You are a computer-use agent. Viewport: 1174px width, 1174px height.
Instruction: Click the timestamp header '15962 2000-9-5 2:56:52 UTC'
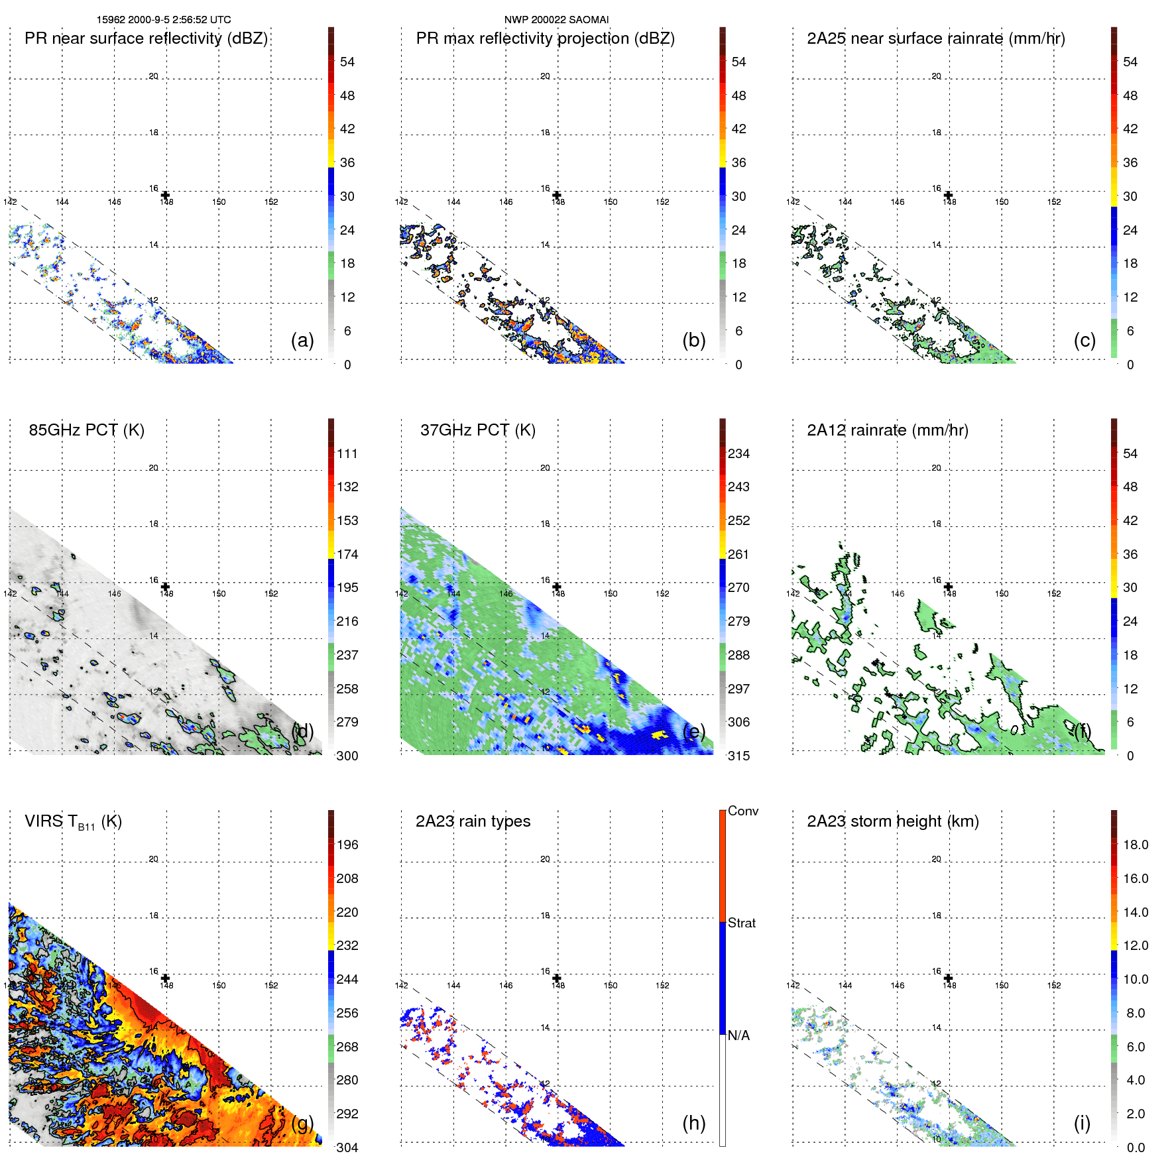pyautogui.click(x=164, y=20)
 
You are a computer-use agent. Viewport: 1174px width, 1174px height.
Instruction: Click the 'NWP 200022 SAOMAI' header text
pyautogui.click(x=556, y=20)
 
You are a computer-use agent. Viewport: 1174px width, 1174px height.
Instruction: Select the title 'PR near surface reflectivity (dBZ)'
pyautogui.click(x=146, y=38)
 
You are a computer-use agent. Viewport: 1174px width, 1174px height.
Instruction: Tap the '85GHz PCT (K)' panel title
pyautogui.click(x=86, y=430)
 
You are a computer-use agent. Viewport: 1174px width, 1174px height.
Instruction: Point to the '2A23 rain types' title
pyautogui.click(x=473, y=821)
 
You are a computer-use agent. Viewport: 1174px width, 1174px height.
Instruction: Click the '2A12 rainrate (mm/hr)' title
pyautogui.click(x=888, y=430)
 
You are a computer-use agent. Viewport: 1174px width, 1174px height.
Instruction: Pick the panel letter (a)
pyautogui.click(x=302, y=340)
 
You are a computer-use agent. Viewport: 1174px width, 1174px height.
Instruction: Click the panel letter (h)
pyautogui.click(x=693, y=1123)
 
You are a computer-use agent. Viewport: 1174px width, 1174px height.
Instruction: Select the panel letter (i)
pyautogui.click(x=1082, y=1123)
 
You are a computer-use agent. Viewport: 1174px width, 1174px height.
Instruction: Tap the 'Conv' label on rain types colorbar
pyautogui.click(x=743, y=811)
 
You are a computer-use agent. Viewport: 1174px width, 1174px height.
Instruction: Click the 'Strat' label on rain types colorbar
pyautogui.click(x=742, y=923)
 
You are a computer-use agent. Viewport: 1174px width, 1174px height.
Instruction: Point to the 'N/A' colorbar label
pyautogui.click(x=738, y=1035)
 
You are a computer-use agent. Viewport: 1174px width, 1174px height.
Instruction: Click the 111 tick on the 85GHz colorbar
pyautogui.click(x=347, y=453)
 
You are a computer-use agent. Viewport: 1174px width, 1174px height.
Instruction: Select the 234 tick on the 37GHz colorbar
pyautogui.click(x=738, y=453)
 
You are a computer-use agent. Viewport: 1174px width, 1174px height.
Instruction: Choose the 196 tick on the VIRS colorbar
pyautogui.click(x=347, y=845)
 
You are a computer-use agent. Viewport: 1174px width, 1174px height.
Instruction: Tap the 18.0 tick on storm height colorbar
pyautogui.click(x=1136, y=845)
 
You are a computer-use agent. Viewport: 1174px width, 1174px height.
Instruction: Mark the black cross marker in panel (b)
pyautogui.click(x=557, y=195)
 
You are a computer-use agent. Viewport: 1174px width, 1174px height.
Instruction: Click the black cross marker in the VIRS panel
pyautogui.click(x=166, y=978)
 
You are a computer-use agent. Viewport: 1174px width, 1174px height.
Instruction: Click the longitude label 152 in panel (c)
pyautogui.click(x=1054, y=202)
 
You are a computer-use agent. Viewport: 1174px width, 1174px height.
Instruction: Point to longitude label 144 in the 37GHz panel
pyautogui.click(x=453, y=594)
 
